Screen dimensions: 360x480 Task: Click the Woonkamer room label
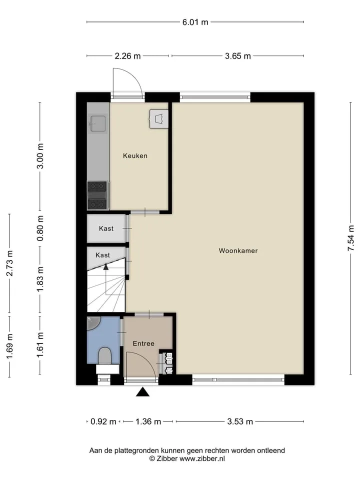(x=238, y=250)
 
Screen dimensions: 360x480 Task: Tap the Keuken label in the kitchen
(x=135, y=156)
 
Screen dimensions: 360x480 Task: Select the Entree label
(x=143, y=343)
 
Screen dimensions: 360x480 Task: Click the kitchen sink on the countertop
(x=98, y=123)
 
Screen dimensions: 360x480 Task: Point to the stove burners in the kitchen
(x=97, y=195)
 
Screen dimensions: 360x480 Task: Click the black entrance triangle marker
(x=142, y=392)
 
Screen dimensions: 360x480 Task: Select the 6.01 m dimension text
(x=195, y=22)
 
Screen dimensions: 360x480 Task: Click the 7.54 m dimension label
(x=351, y=238)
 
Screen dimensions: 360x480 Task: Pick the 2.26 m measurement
(x=127, y=56)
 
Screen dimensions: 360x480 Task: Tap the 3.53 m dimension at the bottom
(x=240, y=421)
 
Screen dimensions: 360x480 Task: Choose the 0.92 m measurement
(x=103, y=421)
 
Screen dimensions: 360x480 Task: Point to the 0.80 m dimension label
(x=40, y=228)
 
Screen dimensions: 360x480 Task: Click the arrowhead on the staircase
(x=106, y=266)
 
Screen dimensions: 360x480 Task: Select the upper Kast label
(x=106, y=228)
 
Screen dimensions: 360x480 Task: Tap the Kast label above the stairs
(x=102, y=255)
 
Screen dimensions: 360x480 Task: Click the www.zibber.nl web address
(x=202, y=458)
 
